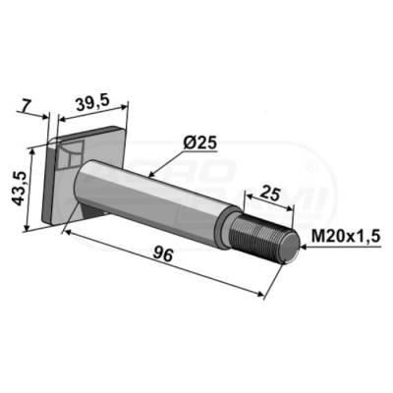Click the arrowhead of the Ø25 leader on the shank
click(x=150, y=174)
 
